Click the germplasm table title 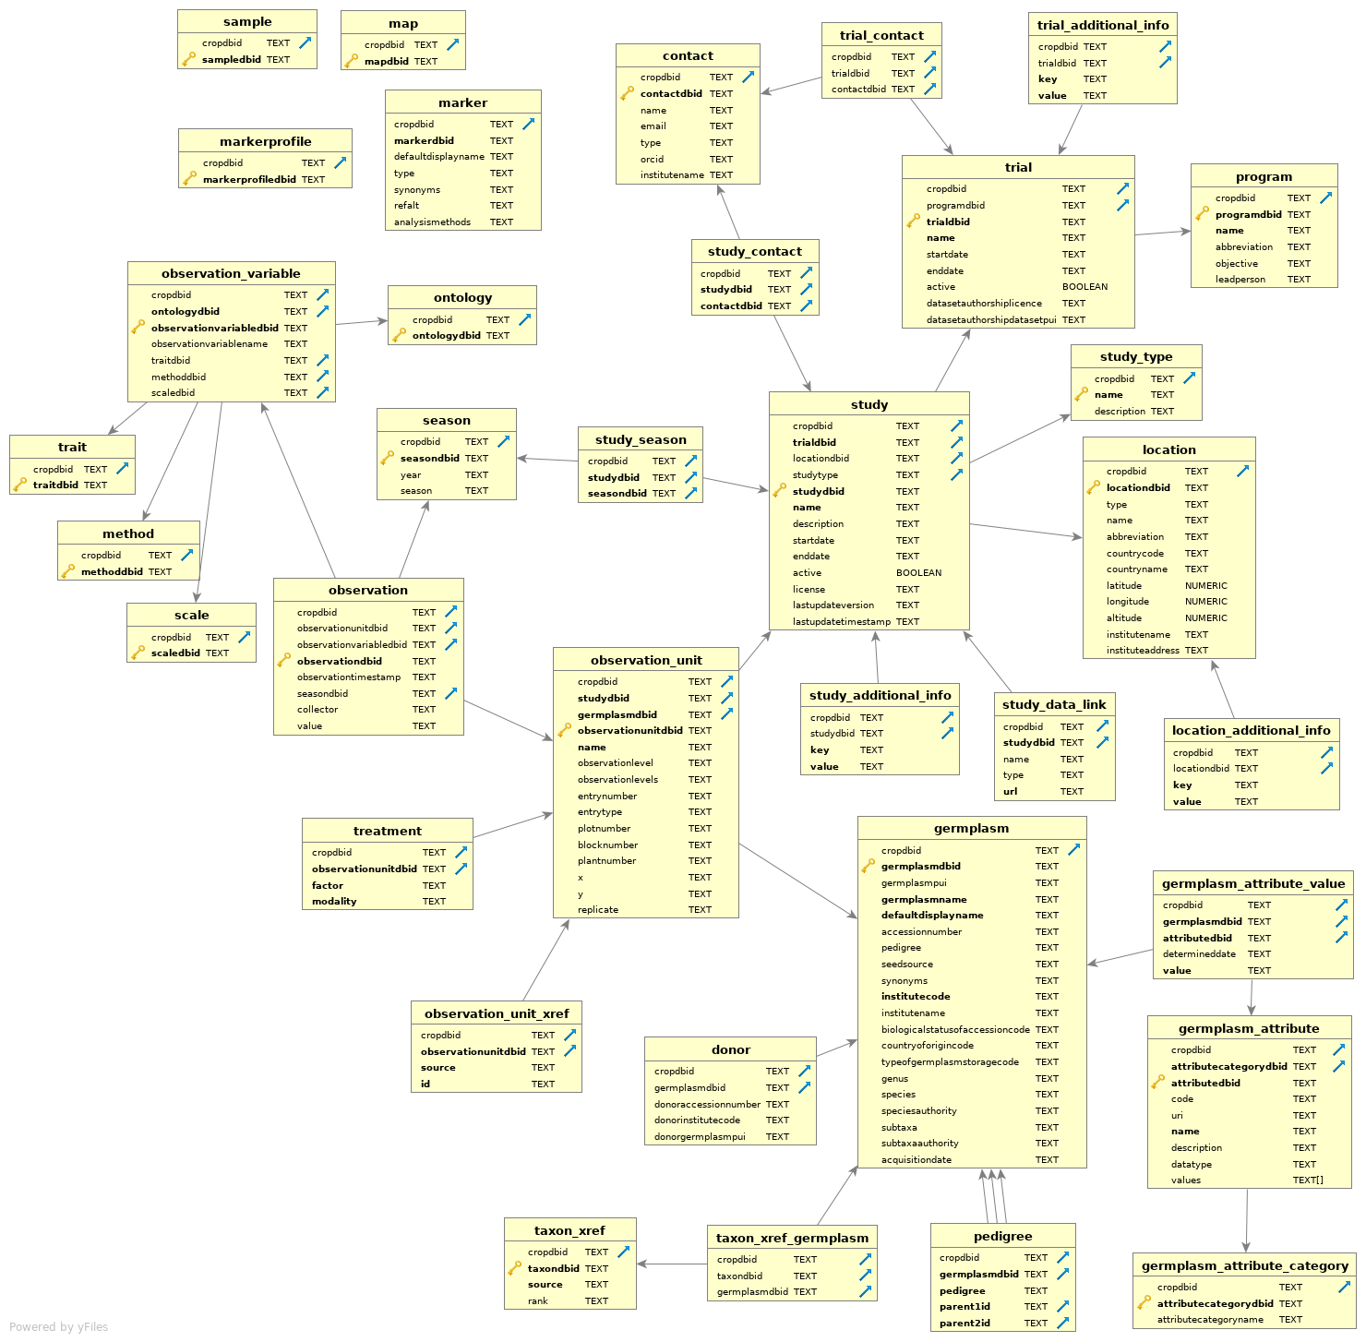[971, 828]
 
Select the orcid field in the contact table [652, 159]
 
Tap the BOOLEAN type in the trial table [1084, 287]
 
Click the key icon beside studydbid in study [780, 491]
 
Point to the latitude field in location [1123, 585]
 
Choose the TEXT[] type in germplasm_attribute [1307, 1180]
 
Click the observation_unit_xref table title [497, 1013]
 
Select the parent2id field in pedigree [965, 1323]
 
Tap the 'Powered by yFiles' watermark [58, 1327]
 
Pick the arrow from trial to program [1162, 233]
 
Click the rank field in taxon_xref [537, 1300]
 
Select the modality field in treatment [334, 901]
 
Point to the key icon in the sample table [189, 59]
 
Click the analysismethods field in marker [432, 222]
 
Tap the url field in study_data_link [1010, 791]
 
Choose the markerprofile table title [265, 141]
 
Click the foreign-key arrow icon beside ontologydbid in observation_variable [322, 311]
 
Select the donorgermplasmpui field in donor [700, 1136]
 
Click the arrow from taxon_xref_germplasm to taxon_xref [672, 1264]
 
